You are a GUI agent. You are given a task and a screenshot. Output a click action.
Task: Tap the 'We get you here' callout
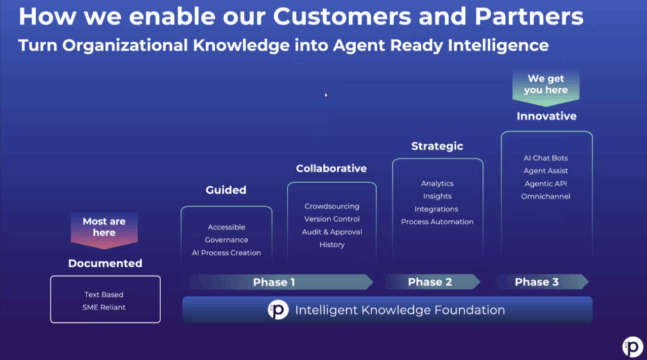click(546, 85)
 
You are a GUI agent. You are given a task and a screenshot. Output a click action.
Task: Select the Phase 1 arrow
click(274, 282)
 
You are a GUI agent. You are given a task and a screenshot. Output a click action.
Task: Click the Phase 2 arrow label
click(430, 282)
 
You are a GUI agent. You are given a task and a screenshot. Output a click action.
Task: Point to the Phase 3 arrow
click(537, 282)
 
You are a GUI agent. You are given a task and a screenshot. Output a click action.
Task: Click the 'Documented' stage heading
click(105, 263)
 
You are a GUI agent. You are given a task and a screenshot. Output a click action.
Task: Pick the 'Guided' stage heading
click(226, 190)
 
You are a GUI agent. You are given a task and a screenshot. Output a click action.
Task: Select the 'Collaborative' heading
click(331, 169)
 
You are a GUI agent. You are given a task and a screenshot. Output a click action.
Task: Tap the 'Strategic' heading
click(437, 146)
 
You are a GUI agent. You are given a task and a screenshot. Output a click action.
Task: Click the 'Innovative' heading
click(547, 116)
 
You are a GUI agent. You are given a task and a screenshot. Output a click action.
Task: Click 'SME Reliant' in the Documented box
click(104, 308)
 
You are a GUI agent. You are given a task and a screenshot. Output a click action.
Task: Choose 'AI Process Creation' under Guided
click(226, 253)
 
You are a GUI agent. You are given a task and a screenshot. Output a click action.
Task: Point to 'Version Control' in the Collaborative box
click(332, 219)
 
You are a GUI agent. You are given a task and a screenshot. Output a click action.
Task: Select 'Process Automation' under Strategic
click(437, 222)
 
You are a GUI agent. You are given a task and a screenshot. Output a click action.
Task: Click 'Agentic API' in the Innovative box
click(546, 184)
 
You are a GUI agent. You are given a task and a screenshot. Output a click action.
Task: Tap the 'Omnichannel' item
click(546, 196)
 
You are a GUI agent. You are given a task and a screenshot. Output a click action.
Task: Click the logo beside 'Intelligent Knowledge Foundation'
click(277, 310)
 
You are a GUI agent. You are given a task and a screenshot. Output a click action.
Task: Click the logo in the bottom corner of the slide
click(632, 347)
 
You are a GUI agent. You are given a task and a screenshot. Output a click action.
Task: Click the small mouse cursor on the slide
click(327, 95)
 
